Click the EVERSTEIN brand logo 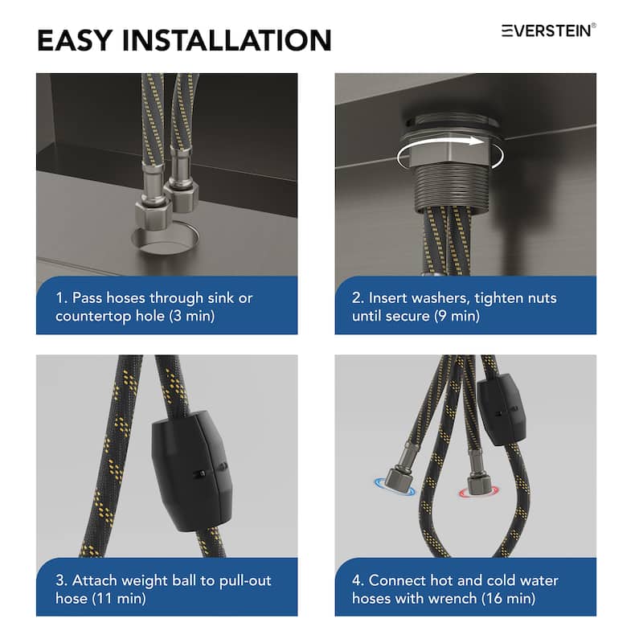(x=549, y=31)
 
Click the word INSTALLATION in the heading (x=227, y=40)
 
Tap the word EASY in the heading (x=75, y=40)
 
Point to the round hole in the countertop (x=166, y=239)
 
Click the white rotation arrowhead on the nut (x=476, y=141)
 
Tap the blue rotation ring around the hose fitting (x=395, y=486)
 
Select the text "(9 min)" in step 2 (x=457, y=316)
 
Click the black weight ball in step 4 (x=501, y=409)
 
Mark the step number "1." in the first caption (x=62, y=298)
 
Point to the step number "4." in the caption (x=358, y=580)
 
